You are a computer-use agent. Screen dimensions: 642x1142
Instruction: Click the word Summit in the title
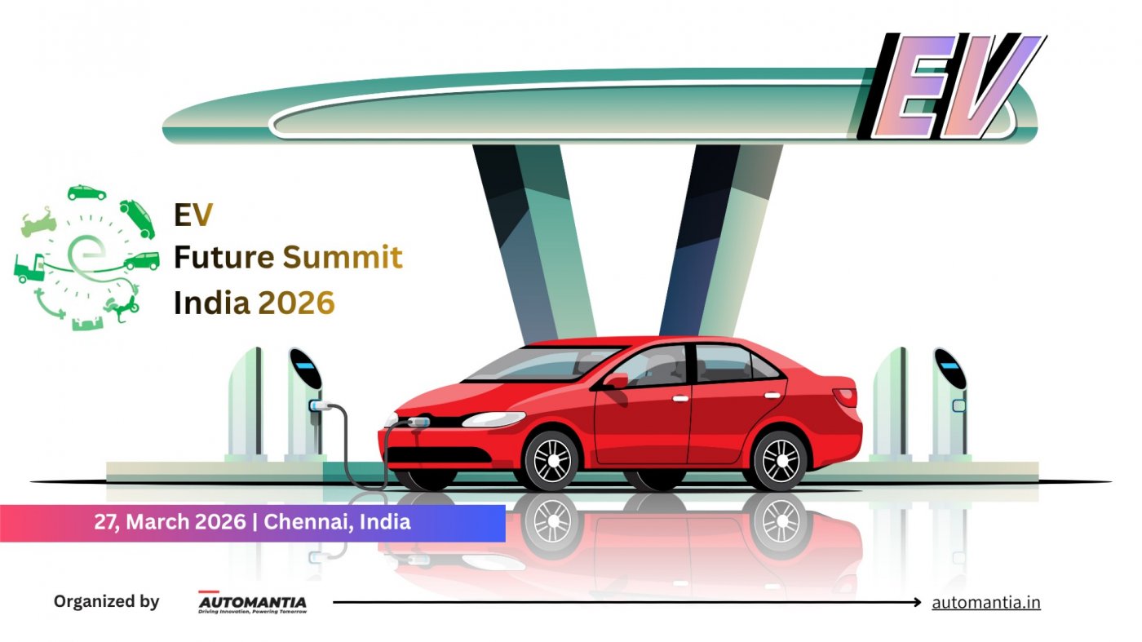pos(343,259)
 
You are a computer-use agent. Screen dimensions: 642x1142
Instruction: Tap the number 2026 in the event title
pos(296,303)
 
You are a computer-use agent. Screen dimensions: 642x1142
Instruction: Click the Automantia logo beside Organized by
pos(253,603)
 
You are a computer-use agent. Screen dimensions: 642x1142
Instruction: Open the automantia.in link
pos(986,603)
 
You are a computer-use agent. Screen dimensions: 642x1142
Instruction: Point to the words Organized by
pos(106,602)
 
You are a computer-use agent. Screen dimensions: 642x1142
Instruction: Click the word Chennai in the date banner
pos(305,522)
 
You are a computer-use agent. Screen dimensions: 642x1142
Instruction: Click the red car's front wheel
pos(551,460)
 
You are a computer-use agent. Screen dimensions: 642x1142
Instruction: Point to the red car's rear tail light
pos(845,396)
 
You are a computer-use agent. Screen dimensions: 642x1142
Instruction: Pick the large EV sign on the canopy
pos(953,85)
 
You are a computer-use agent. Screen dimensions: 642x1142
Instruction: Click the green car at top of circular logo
pos(86,193)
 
